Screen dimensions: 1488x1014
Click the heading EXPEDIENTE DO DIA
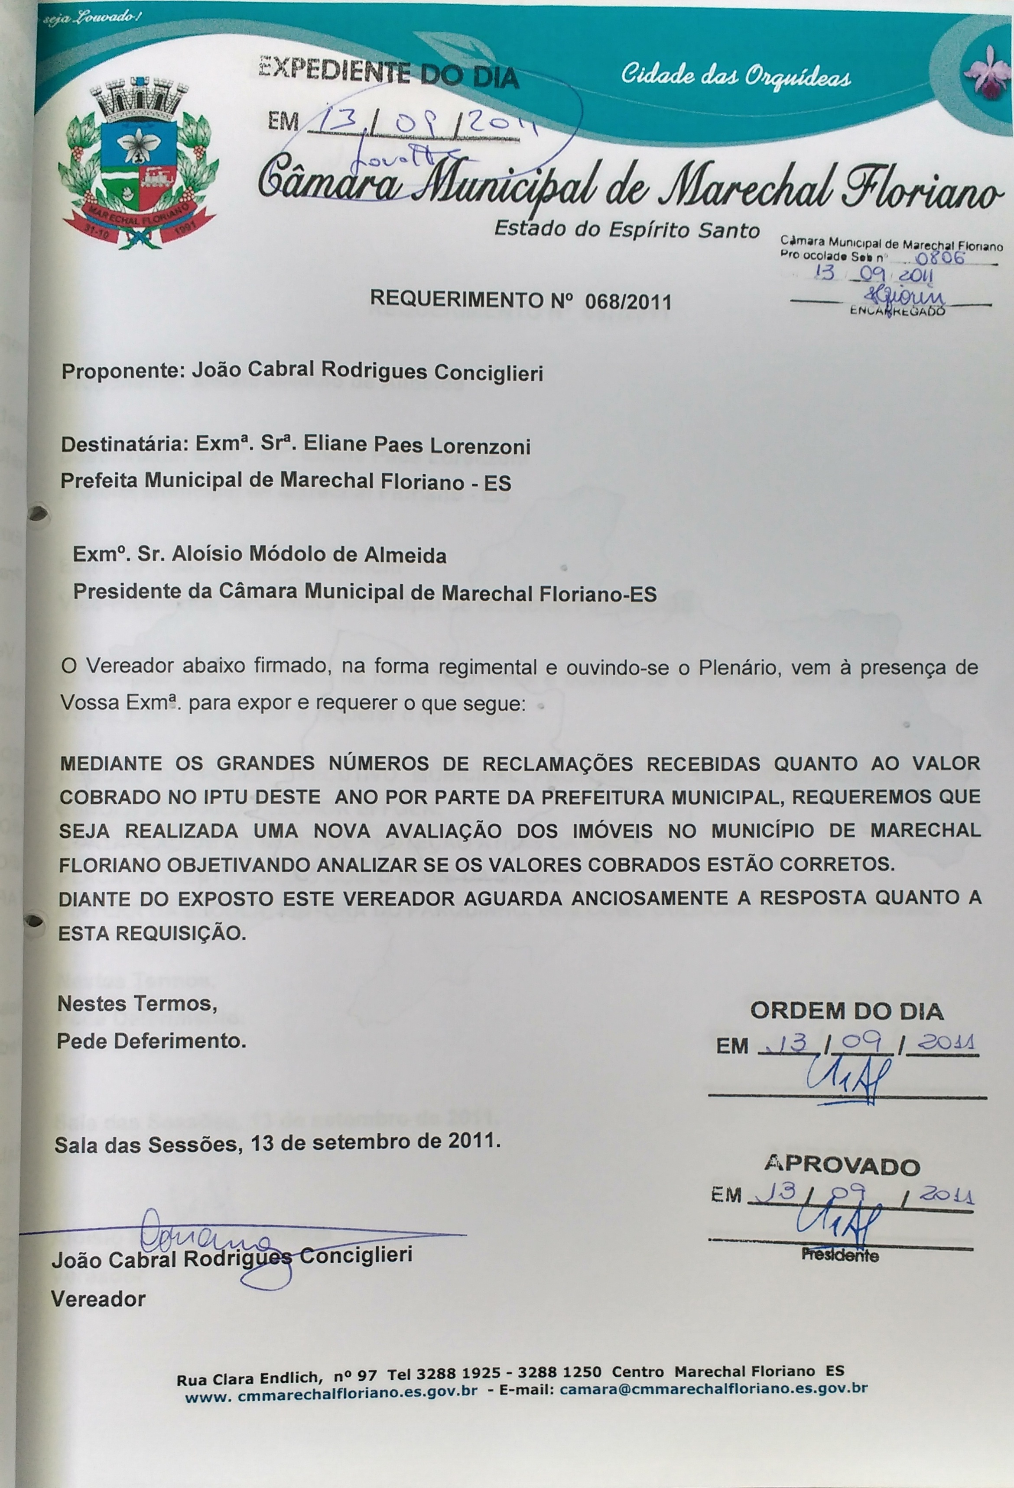[388, 71]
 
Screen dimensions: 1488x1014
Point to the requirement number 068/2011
[628, 301]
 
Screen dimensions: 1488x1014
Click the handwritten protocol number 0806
[940, 258]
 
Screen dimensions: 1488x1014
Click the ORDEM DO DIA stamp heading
[846, 1011]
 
